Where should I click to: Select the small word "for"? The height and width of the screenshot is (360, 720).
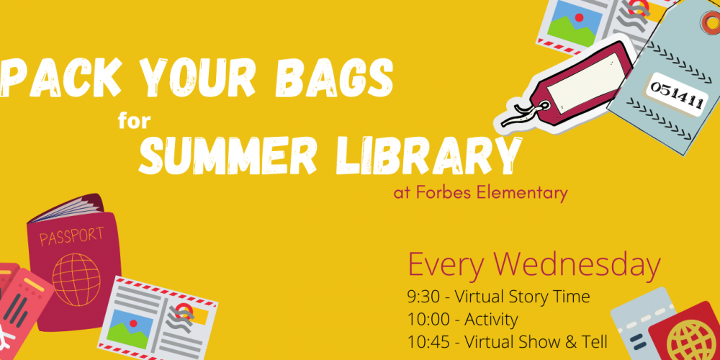134,120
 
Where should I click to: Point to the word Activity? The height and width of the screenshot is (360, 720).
491,320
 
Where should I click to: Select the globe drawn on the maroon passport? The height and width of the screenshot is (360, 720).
76,279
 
